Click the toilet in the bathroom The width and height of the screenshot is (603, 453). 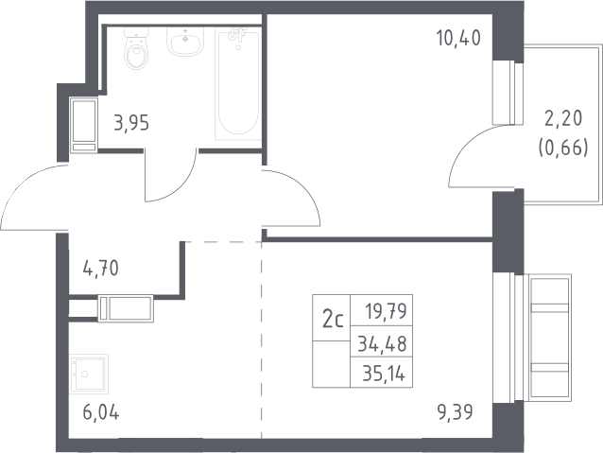(136, 48)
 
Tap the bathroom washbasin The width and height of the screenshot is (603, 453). (185, 42)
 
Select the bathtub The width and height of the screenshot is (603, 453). (238, 83)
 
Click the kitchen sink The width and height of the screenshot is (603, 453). (89, 374)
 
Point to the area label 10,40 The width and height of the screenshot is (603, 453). (458, 38)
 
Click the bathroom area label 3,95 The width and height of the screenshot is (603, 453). (131, 123)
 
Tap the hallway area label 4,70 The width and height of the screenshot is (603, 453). (101, 269)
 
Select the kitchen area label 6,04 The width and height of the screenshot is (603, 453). (101, 412)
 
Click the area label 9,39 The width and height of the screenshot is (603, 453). (456, 412)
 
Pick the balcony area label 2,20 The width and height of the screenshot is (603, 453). (563, 118)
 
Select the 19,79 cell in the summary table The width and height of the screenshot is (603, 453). (386, 311)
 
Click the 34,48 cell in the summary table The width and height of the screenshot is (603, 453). (382, 343)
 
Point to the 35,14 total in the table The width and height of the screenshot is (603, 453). (384, 373)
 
